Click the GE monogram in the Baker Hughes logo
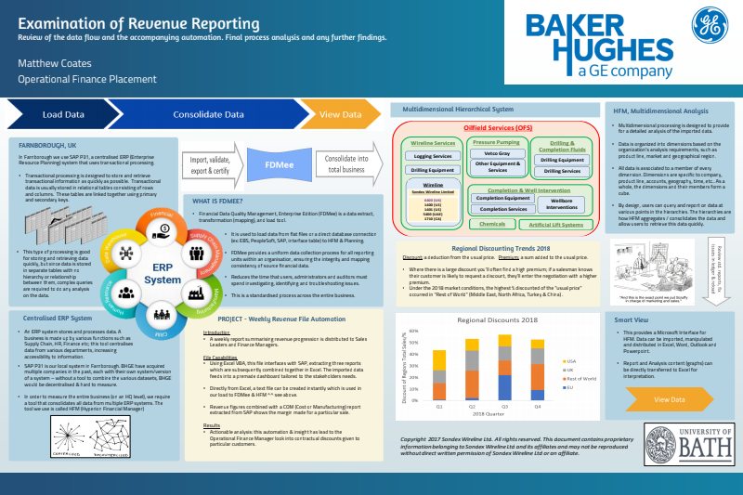[x=710, y=38]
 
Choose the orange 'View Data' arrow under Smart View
[x=671, y=398]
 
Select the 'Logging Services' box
[x=433, y=156]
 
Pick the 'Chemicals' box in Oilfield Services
[x=492, y=224]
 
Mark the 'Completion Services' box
[x=503, y=209]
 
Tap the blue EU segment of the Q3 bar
[x=505, y=386]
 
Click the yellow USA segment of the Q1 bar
[x=439, y=360]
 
